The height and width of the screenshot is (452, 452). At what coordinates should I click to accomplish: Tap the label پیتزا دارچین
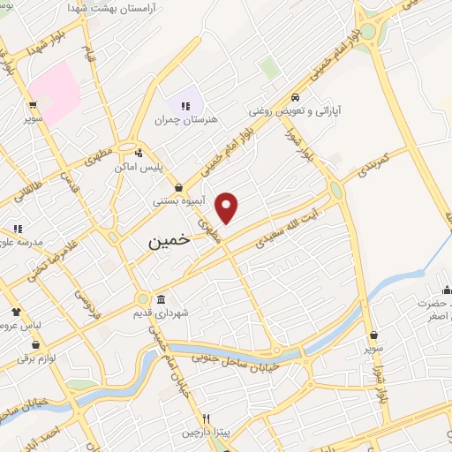(206, 433)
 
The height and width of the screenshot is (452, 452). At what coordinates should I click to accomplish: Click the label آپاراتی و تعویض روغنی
(294, 111)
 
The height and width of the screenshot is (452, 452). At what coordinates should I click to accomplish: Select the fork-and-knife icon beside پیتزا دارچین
(206, 418)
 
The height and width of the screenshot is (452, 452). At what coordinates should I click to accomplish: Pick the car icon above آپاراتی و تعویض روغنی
(295, 97)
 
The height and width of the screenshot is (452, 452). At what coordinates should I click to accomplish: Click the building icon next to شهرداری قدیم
(161, 299)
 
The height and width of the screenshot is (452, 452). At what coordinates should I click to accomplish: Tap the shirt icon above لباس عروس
(16, 311)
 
